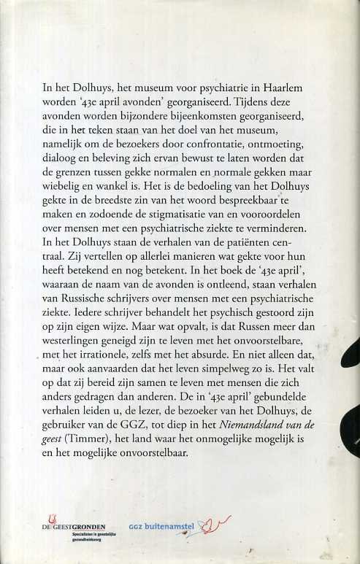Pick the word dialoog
point(62,163)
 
